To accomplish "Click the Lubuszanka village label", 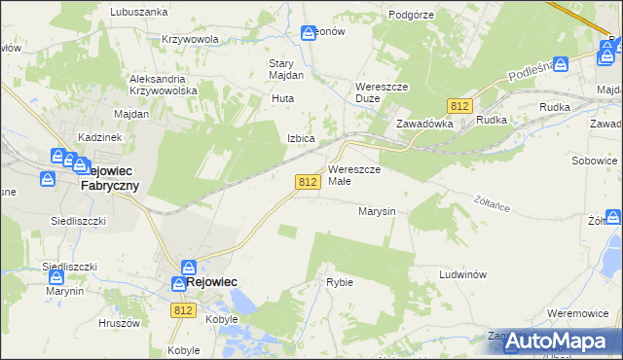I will [x=138, y=12].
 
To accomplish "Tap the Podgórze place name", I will [x=410, y=15].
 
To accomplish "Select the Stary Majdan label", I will [x=286, y=69].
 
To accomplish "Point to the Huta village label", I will [x=282, y=99].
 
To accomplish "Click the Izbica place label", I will [x=300, y=138].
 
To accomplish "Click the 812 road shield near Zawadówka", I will [x=459, y=104].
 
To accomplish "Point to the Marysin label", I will [x=376, y=210].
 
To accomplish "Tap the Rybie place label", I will [x=340, y=282].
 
